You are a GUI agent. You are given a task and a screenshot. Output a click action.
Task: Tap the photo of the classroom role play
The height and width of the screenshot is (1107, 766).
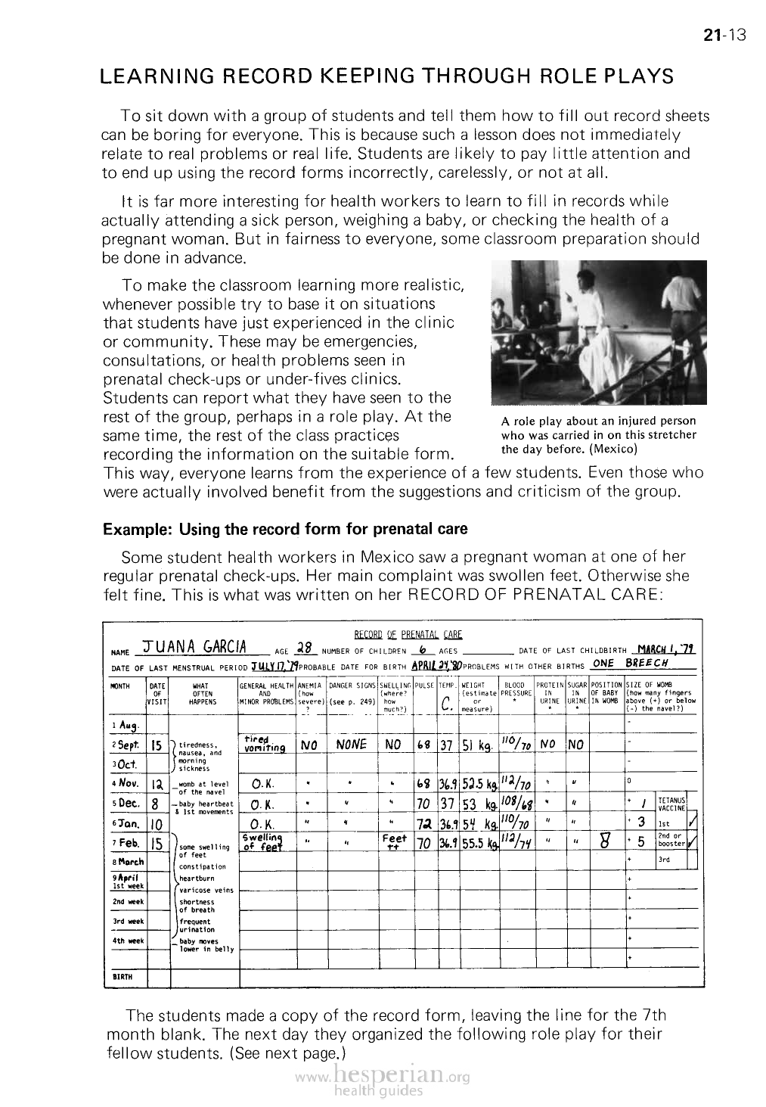click(598, 332)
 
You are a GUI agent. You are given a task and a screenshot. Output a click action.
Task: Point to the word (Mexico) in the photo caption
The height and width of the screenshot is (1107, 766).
click(613, 448)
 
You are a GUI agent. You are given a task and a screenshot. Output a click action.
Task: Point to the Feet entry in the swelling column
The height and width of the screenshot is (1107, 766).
click(395, 841)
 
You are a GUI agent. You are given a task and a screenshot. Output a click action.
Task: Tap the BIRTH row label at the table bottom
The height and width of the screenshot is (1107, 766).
click(122, 976)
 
